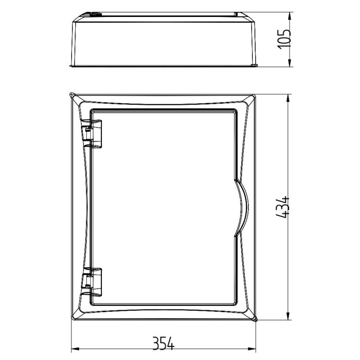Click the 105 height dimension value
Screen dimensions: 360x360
pos(284,39)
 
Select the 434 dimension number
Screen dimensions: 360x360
pos(282,207)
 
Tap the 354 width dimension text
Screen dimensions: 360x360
pos(164,343)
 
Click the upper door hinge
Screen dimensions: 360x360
pos(92,134)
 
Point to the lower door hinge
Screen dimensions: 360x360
pos(92,282)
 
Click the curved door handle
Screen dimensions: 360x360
pos(242,207)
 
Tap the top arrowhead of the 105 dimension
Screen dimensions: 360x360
pos(290,16)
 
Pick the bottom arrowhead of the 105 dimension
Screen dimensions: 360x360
pos(290,63)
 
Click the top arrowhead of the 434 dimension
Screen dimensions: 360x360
pos(288,98)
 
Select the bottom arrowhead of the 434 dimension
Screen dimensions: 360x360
pos(288,316)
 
